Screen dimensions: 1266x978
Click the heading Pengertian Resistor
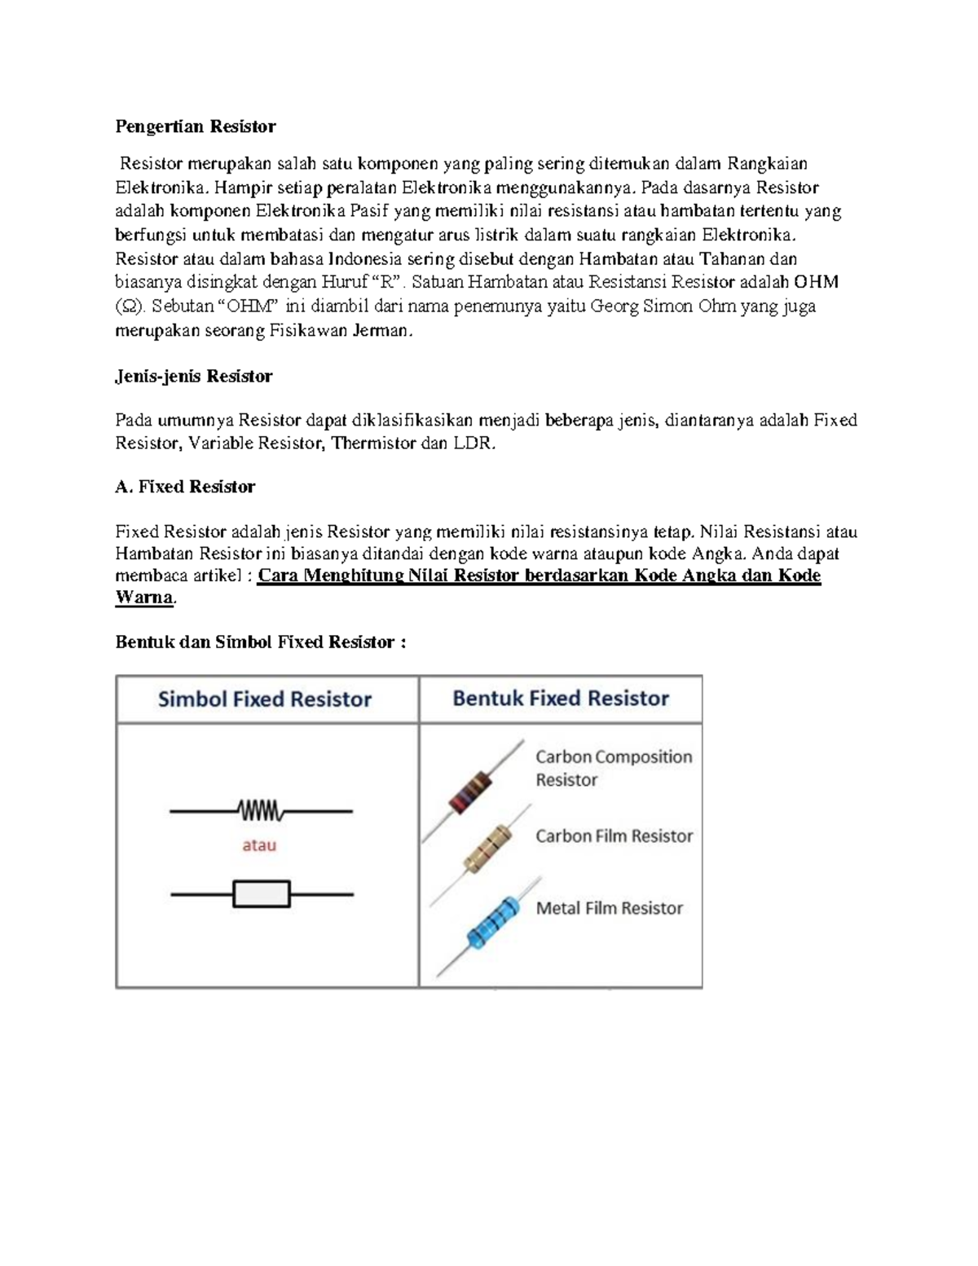195,126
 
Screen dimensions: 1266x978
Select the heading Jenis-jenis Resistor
193,377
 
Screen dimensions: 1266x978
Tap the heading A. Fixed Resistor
185,487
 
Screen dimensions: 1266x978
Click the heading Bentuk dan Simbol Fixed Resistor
260,642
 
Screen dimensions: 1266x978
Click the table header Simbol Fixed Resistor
265,699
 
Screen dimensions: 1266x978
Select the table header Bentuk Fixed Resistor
561,699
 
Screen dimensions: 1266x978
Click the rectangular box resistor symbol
262,894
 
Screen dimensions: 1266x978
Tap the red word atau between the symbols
259,846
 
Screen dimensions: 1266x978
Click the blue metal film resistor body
488,923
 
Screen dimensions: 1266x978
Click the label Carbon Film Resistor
614,836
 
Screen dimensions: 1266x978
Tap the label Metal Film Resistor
609,908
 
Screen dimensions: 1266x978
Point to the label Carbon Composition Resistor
613,768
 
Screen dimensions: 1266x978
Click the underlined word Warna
144,598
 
